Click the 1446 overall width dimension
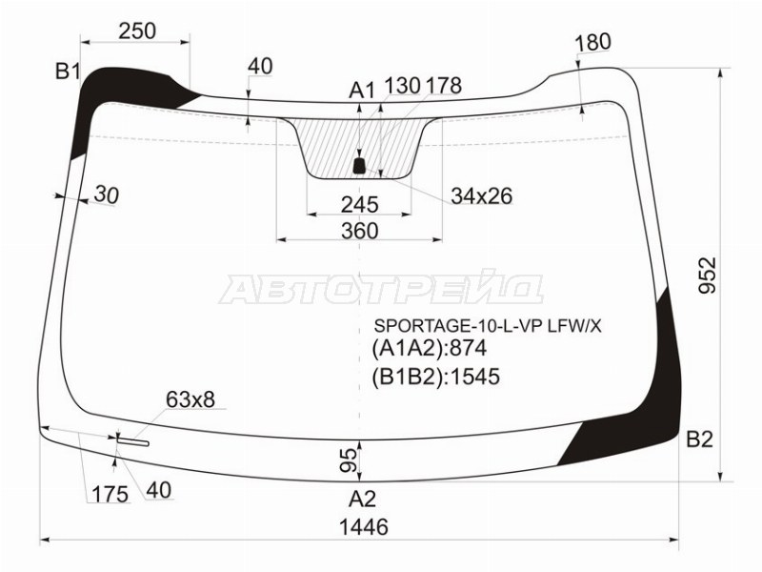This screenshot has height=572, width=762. coord(364,527)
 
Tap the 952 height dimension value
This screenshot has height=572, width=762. coord(708,275)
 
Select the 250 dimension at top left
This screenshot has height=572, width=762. coord(137,31)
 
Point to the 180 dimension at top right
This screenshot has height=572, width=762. coord(592,42)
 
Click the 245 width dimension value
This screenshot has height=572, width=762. coord(360,205)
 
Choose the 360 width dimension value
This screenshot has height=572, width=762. coord(360,231)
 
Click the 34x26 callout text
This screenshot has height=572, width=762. coord(482,196)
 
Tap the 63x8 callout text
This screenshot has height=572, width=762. coord(190,399)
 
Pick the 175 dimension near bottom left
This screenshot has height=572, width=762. coord(110,495)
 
